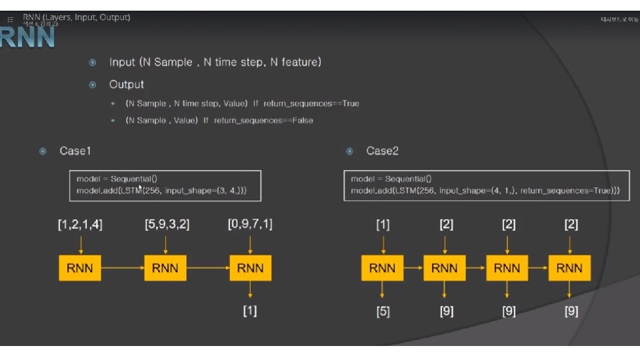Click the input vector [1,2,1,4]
tap(80, 225)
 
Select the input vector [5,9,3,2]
tap(167, 225)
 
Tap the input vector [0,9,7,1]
tap(250, 225)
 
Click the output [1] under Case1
tap(250, 311)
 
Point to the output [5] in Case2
tap(383, 311)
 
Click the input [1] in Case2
tap(383, 225)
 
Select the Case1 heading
tap(75, 151)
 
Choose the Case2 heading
tap(382, 151)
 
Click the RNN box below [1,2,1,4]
tap(80, 269)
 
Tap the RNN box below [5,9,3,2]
tap(165, 269)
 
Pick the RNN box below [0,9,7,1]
tap(250, 269)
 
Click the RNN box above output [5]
tap(383, 269)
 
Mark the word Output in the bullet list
tap(127, 85)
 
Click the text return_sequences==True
tap(311, 104)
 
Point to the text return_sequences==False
tap(263, 121)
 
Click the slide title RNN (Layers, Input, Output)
tap(77, 17)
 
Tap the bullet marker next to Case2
tap(349, 151)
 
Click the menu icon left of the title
tap(10, 19)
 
